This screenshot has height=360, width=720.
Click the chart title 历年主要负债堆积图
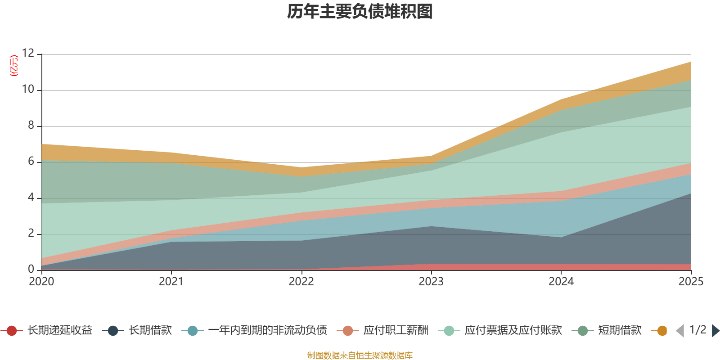[360, 12]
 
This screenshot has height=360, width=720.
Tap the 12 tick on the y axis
[28, 54]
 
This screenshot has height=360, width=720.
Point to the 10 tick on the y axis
[28, 90]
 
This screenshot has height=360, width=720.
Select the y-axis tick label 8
[31, 126]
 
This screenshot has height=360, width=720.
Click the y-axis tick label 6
[31, 162]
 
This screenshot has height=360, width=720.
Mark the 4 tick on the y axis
[31, 198]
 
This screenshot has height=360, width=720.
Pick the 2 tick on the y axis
[31, 234]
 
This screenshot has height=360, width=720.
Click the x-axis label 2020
[41, 282]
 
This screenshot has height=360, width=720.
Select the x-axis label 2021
[171, 282]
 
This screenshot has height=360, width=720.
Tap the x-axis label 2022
[301, 282]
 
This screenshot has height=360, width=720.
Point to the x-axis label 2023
[431, 282]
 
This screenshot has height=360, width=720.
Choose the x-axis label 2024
[561, 282]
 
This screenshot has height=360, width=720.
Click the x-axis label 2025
[690, 282]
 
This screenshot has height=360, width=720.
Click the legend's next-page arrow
[715, 331]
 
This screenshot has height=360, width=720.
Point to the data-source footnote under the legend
[360, 355]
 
